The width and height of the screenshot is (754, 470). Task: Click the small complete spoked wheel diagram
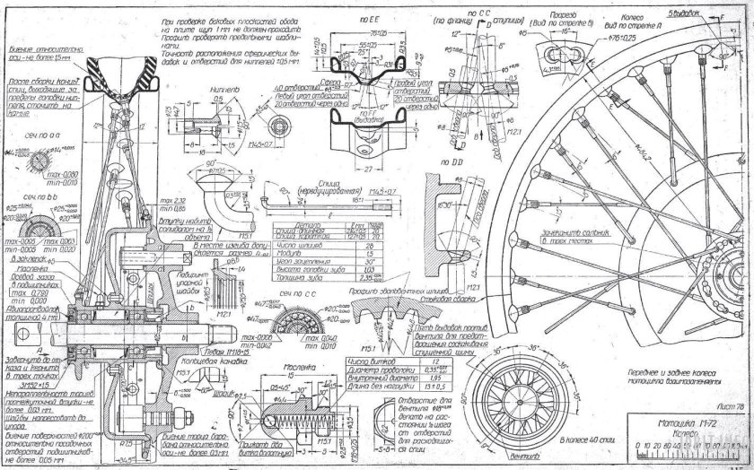[519, 399]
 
